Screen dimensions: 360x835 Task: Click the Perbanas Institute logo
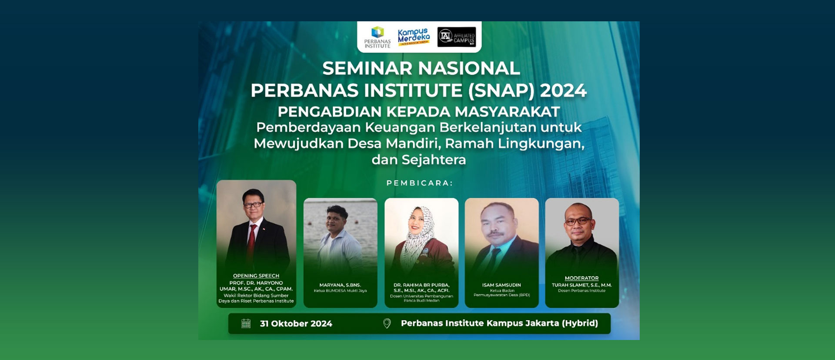[377, 37]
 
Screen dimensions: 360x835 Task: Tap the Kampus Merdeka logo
[414, 37]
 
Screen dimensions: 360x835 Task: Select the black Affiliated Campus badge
[456, 37]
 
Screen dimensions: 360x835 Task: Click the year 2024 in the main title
[563, 91]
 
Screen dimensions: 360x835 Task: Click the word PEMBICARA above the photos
[419, 183]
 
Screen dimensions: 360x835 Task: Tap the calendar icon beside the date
[246, 323]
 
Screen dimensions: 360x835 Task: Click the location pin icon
[387, 323]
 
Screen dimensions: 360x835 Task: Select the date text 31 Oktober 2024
[296, 323]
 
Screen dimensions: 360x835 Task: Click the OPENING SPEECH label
[256, 276]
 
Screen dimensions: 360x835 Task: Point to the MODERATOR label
[581, 278]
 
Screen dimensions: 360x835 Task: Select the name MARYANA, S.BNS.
[340, 285]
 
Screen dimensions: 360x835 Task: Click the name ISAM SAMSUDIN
[501, 285]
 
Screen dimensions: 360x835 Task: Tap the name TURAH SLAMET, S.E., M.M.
[581, 285]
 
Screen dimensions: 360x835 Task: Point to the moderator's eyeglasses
[578, 221]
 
